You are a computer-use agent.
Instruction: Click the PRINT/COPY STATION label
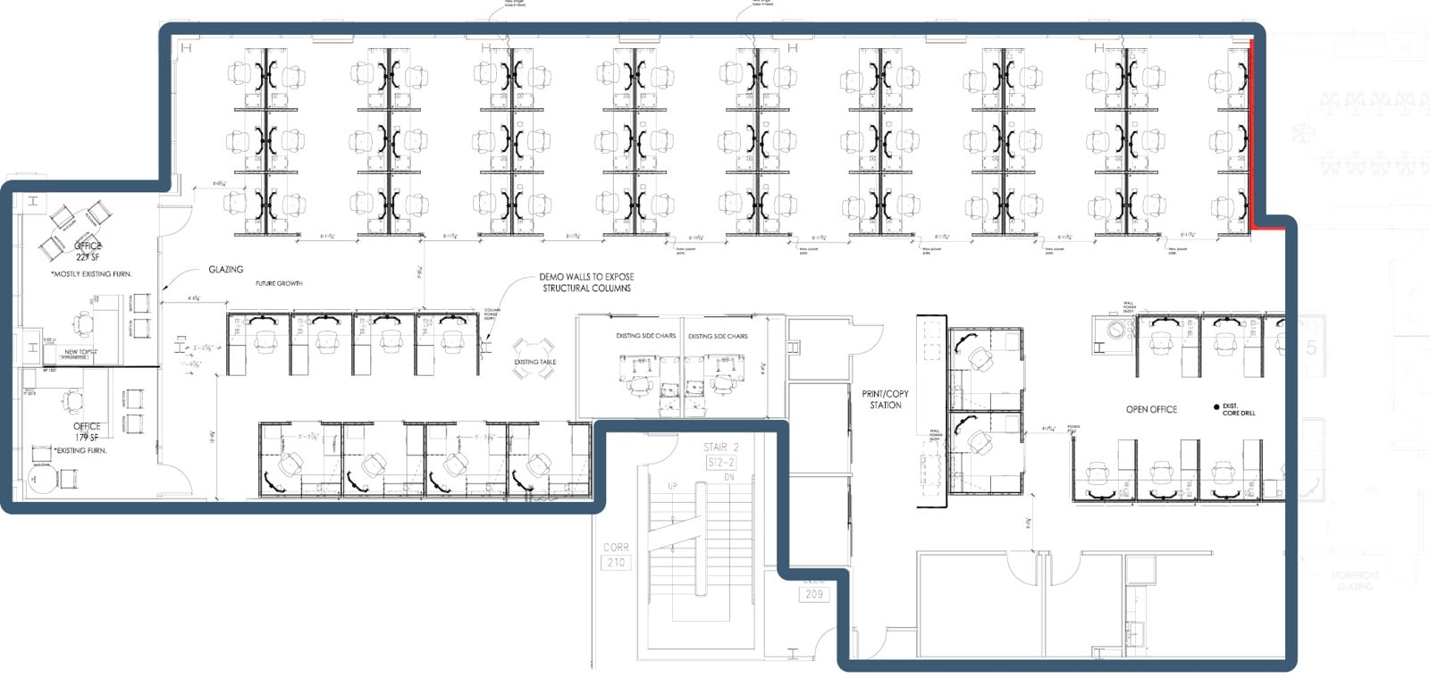click(885, 399)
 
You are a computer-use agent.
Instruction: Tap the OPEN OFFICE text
click(1151, 409)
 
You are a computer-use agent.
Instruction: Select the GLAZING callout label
click(225, 269)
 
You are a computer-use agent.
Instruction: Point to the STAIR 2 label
click(721, 447)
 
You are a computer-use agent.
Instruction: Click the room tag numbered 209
click(813, 594)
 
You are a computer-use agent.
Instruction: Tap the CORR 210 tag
click(616, 555)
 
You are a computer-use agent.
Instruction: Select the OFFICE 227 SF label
click(88, 251)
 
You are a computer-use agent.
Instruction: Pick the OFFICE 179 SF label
click(87, 431)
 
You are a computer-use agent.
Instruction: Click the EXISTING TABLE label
click(534, 362)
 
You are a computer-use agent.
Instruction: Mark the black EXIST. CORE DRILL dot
click(1216, 407)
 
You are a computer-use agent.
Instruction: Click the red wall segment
click(1251, 134)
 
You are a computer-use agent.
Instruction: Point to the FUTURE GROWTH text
click(279, 283)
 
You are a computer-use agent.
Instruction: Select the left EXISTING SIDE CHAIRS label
click(645, 336)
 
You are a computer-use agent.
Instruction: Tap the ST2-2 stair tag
click(720, 462)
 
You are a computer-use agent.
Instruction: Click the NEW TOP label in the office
click(77, 352)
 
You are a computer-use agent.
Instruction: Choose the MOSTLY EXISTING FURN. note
click(91, 274)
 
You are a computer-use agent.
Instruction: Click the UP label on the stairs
click(672, 487)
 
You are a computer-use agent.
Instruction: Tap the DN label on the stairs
click(728, 478)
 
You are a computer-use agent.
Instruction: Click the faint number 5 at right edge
click(1311, 348)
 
